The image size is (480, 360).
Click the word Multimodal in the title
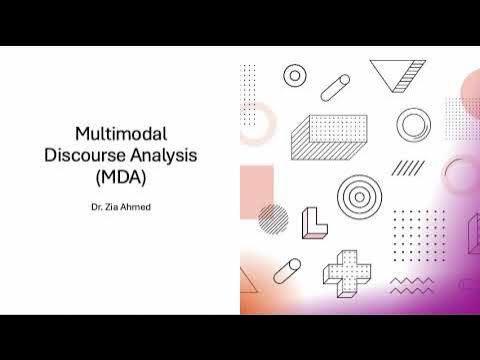pyautogui.click(x=119, y=133)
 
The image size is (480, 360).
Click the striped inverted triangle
pyautogui.click(x=393, y=75)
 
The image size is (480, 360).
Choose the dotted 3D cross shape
pyautogui.click(x=346, y=265)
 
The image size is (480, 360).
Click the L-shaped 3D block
pyautogui.click(x=314, y=224)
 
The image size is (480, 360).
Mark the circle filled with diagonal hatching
pyautogui.click(x=273, y=218)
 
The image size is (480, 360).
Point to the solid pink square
pyautogui.click(x=257, y=185)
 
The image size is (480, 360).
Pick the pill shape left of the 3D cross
pyautogui.click(x=286, y=271)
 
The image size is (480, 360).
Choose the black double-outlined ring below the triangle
pyautogui.click(x=413, y=125)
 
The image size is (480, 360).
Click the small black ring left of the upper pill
pyautogui.click(x=294, y=75)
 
